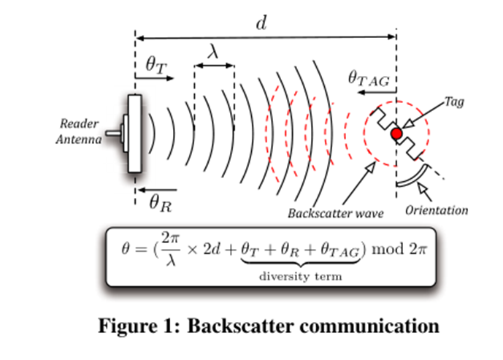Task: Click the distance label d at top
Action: click(261, 23)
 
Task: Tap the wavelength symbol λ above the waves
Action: click(213, 53)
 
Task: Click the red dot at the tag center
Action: click(396, 134)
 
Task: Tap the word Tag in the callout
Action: click(454, 103)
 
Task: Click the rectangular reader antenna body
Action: click(134, 134)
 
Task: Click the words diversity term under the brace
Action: click(300, 276)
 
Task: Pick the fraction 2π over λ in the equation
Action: click(170, 249)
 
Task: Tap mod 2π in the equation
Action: click(399, 249)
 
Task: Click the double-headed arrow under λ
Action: click(214, 67)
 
